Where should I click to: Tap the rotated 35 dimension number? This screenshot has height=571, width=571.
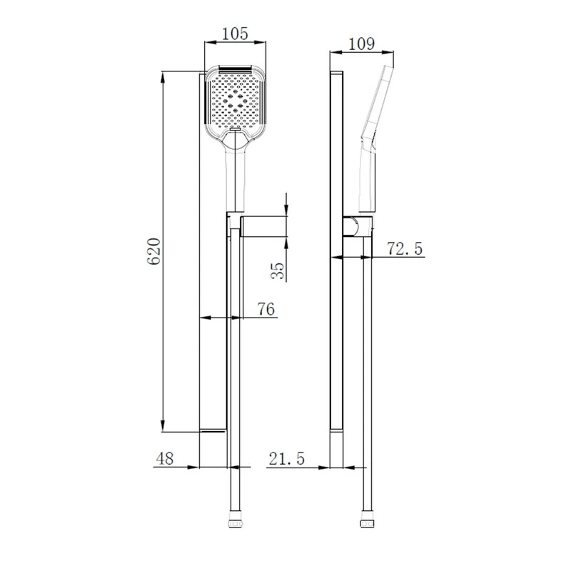pos(279,269)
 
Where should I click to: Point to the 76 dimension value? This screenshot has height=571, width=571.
pos(266,308)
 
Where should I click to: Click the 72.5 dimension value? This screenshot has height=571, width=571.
pos(405,248)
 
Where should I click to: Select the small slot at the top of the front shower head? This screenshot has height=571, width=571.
pos(235,69)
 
